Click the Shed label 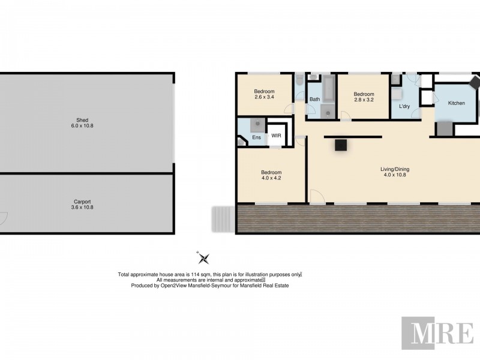(83, 119)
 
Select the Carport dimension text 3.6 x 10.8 (83, 207)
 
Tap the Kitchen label (457, 103)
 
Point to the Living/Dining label (395, 169)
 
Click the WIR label (276, 136)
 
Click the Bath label (314, 100)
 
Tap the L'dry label (404, 107)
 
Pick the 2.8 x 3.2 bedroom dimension (364, 100)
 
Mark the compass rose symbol (204, 258)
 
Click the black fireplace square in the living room (341, 144)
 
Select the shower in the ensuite (257, 125)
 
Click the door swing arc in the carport (3, 220)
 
